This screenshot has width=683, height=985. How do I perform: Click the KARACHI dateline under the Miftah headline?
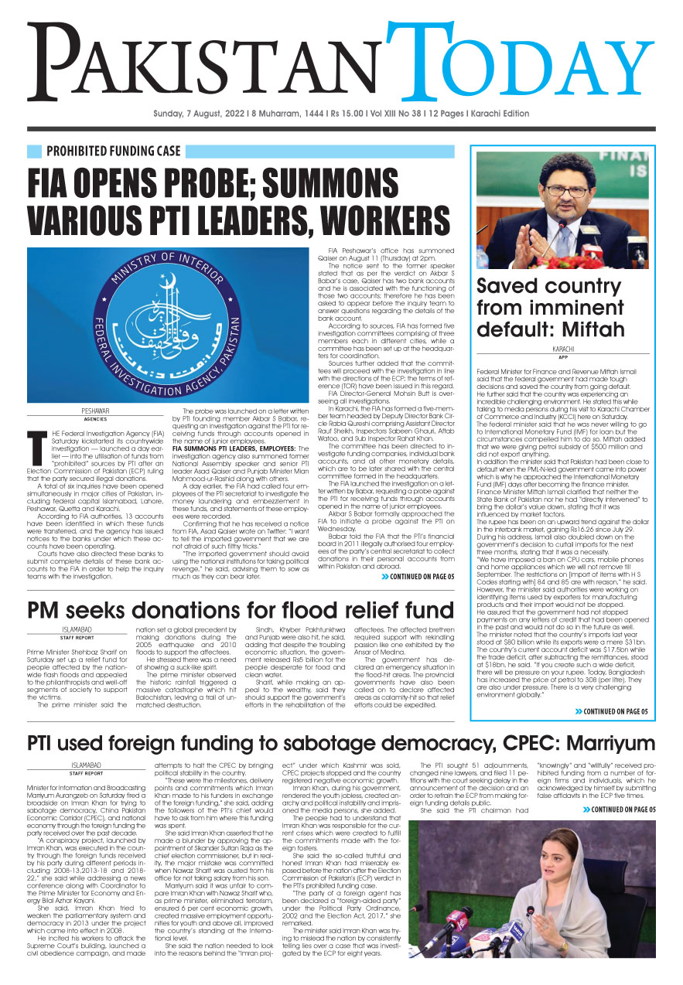tap(562, 349)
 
